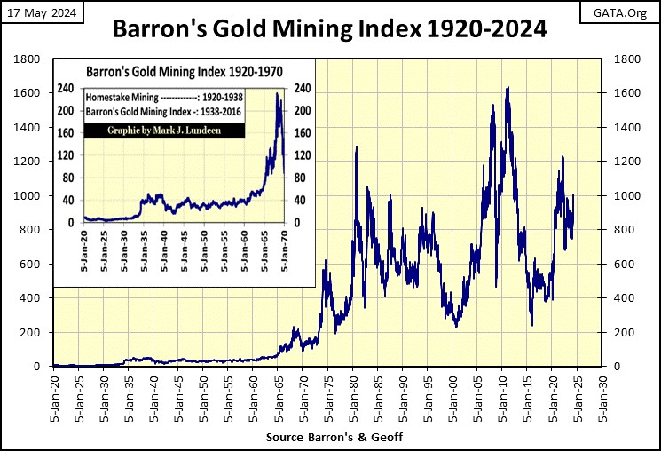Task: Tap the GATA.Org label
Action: coord(624,12)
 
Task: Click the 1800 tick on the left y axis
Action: coord(30,60)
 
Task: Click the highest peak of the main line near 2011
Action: coord(508,87)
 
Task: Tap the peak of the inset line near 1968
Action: coord(277,94)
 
